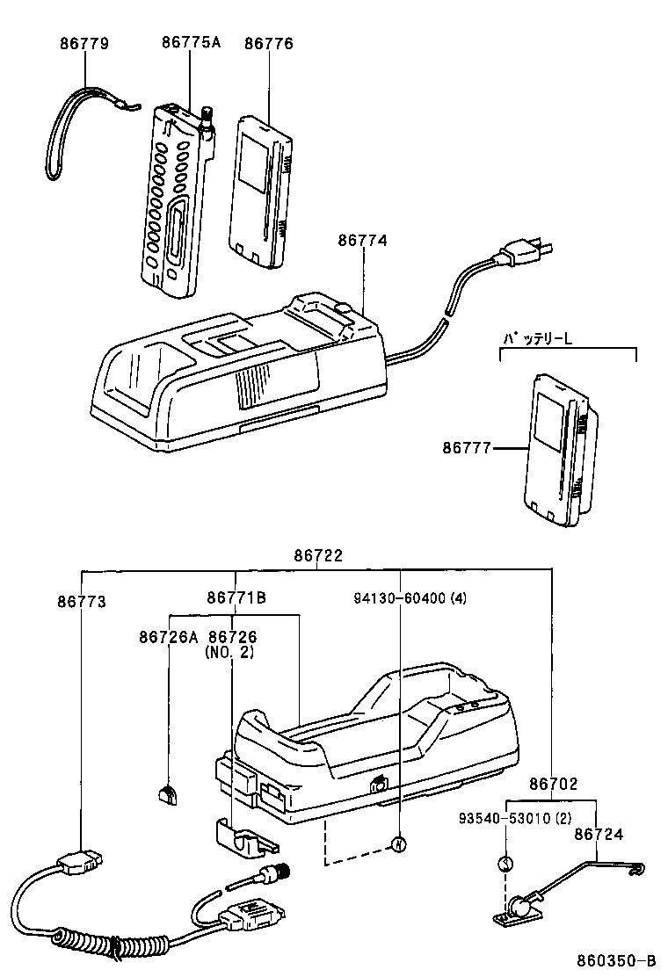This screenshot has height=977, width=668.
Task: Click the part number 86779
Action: [84, 43]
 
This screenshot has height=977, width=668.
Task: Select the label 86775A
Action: [191, 43]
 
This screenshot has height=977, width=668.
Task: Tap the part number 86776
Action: [269, 43]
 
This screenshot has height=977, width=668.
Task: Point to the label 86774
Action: [363, 239]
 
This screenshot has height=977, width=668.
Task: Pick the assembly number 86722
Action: [318, 556]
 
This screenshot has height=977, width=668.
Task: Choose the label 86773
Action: [82, 602]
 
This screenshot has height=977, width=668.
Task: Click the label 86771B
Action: [236, 598]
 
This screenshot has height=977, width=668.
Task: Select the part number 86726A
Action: [168, 636]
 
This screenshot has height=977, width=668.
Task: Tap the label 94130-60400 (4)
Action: [410, 598]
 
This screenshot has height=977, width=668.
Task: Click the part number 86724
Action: [599, 834]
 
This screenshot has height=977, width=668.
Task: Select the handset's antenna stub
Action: [208, 117]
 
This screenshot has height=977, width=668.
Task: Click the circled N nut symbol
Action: [398, 844]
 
